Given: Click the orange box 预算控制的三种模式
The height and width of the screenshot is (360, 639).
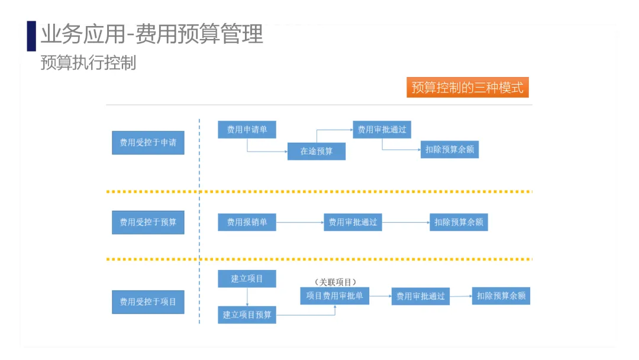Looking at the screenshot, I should click(x=467, y=88).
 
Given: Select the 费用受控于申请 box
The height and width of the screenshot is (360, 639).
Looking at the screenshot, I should click(x=148, y=142).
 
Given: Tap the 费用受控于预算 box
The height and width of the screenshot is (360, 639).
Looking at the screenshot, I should click(x=148, y=222).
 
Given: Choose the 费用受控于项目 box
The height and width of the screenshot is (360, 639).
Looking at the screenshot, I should click(x=148, y=301).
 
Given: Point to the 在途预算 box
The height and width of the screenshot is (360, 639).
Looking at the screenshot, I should click(x=317, y=151).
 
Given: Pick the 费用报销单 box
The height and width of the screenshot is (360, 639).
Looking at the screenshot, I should click(x=247, y=222).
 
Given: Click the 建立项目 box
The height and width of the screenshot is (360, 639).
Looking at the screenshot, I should click(x=247, y=278).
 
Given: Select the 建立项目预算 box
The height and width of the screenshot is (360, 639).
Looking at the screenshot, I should click(x=247, y=314).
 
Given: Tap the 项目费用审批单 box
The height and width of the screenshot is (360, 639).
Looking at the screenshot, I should click(x=334, y=295).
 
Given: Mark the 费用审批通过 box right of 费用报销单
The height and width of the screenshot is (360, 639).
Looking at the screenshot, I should click(x=353, y=222).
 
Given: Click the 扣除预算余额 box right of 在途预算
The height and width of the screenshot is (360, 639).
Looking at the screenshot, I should click(x=450, y=149).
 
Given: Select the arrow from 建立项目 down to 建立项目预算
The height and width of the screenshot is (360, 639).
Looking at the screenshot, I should click(x=247, y=296).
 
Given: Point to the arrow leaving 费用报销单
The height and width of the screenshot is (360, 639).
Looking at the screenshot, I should click(x=300, y=222).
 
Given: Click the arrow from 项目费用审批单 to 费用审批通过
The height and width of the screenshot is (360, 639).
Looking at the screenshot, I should click(x=380, y=295).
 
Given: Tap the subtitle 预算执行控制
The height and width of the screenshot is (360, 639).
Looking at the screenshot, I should click(x=88, y=63).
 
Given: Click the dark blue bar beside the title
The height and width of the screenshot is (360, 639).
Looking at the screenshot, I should click(x=31, y=36).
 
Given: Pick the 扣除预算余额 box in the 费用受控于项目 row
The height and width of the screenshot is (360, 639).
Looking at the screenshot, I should click(x=501, y=295).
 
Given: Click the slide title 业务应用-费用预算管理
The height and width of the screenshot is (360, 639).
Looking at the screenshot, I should click(x=151, y=34).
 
